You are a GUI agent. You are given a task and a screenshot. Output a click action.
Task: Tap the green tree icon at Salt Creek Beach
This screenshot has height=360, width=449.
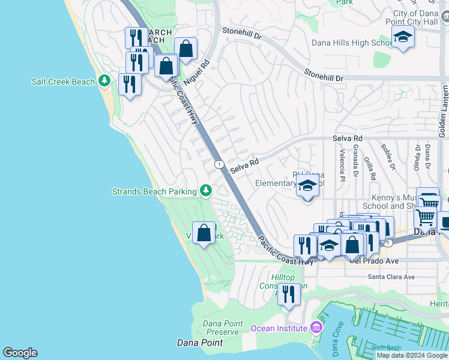104,80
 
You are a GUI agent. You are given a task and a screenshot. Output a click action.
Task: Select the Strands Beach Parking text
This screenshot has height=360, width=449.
154,191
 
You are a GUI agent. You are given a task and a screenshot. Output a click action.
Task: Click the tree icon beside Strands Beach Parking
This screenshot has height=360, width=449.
206,190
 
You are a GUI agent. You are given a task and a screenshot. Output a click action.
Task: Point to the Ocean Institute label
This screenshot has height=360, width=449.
279,328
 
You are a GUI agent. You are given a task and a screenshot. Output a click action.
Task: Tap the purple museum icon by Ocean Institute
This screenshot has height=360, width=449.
316,328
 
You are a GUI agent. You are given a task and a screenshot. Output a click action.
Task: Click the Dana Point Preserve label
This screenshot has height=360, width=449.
223,328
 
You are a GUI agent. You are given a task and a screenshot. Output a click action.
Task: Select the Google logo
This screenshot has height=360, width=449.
20,353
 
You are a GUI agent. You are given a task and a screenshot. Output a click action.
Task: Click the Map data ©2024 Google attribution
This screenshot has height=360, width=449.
412,355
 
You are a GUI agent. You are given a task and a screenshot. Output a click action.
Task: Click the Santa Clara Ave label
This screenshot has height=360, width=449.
391,277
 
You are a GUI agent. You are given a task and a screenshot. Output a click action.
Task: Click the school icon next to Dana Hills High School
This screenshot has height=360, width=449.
403,38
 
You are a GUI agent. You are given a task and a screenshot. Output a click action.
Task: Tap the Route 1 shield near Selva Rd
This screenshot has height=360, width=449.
218,164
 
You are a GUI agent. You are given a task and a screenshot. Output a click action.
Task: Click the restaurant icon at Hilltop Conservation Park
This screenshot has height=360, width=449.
289,295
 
